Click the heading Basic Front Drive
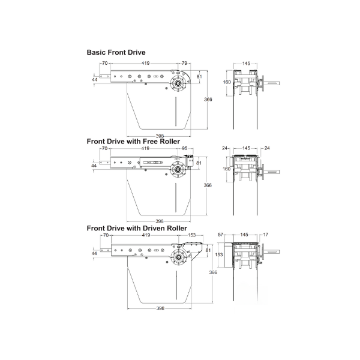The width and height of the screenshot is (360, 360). tap(116, 52)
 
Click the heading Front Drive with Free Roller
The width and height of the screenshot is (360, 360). tap(133, 142)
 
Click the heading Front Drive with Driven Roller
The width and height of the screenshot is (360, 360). tap(137, 228)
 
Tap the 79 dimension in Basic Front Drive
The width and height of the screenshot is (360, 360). tap(184, 63)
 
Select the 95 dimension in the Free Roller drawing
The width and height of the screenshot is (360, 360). tap(185, 148)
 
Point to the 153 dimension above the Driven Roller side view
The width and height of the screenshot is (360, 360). tap(192, 235)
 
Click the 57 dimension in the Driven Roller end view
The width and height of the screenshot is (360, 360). tap(220, 235)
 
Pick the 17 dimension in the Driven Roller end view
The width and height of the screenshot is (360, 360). tap(266, 235)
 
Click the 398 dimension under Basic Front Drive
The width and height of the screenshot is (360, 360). tap(160, 136)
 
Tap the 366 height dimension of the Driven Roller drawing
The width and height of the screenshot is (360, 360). tap(213, 272)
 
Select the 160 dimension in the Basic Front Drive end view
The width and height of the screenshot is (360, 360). tap(227, 82)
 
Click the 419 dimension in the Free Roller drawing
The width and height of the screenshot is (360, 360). tap(145, 148)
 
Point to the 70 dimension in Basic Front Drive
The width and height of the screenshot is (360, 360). tap(104, 63)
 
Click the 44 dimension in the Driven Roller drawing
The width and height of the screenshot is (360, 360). tap(94, 253)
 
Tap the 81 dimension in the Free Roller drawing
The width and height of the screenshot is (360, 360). tap(199, 163)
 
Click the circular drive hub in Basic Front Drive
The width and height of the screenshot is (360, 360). tap(178, 83)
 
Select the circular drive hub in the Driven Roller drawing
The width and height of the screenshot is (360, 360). tap(178, 257)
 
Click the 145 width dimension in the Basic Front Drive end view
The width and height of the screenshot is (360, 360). tap(246, 64)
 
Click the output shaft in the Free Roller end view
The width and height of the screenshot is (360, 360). tap(272, 172)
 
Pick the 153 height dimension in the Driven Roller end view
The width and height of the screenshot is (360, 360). tap(219, 254)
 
